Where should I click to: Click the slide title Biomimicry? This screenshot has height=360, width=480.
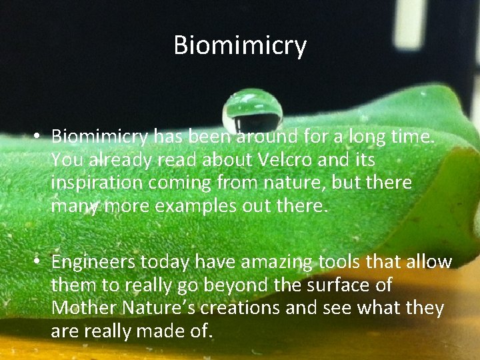click(x=240, y=45)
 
